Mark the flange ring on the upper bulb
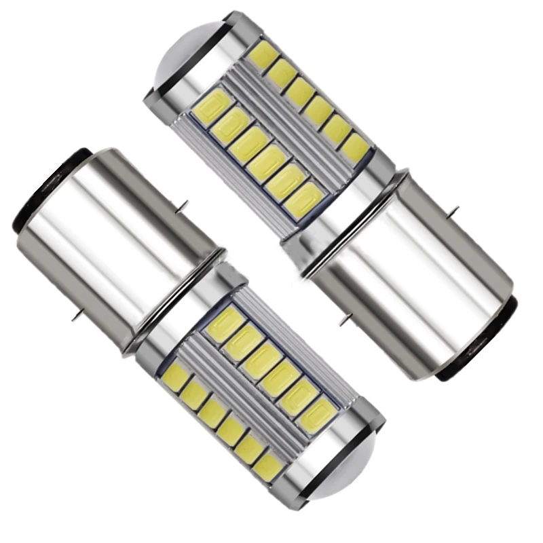coord(339,224)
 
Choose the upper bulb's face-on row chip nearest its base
coord(303,200)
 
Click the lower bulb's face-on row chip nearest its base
coord(225,324)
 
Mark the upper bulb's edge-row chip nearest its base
coord(354,147)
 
